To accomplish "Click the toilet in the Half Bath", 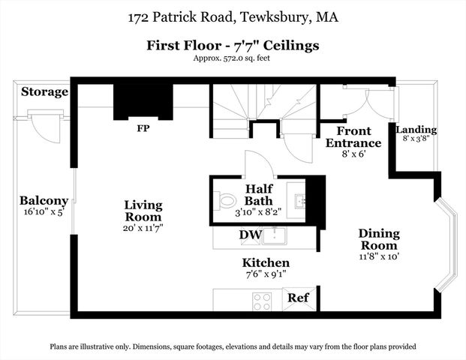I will pos(227,201).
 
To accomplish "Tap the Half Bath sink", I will pos(300,200).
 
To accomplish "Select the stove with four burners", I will pos(262,301).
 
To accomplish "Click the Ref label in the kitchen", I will pos(299,298).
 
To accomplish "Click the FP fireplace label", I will pos(143,127).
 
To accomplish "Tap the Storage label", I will pos(44,92).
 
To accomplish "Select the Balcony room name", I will pos(44,201).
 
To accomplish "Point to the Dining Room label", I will pos(378,239).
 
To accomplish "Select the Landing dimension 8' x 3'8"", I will pos(416,139).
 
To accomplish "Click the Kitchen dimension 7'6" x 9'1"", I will pos(266,275).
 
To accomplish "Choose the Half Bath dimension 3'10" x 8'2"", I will pos(263,212).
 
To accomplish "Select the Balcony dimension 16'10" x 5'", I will pos(44,212).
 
